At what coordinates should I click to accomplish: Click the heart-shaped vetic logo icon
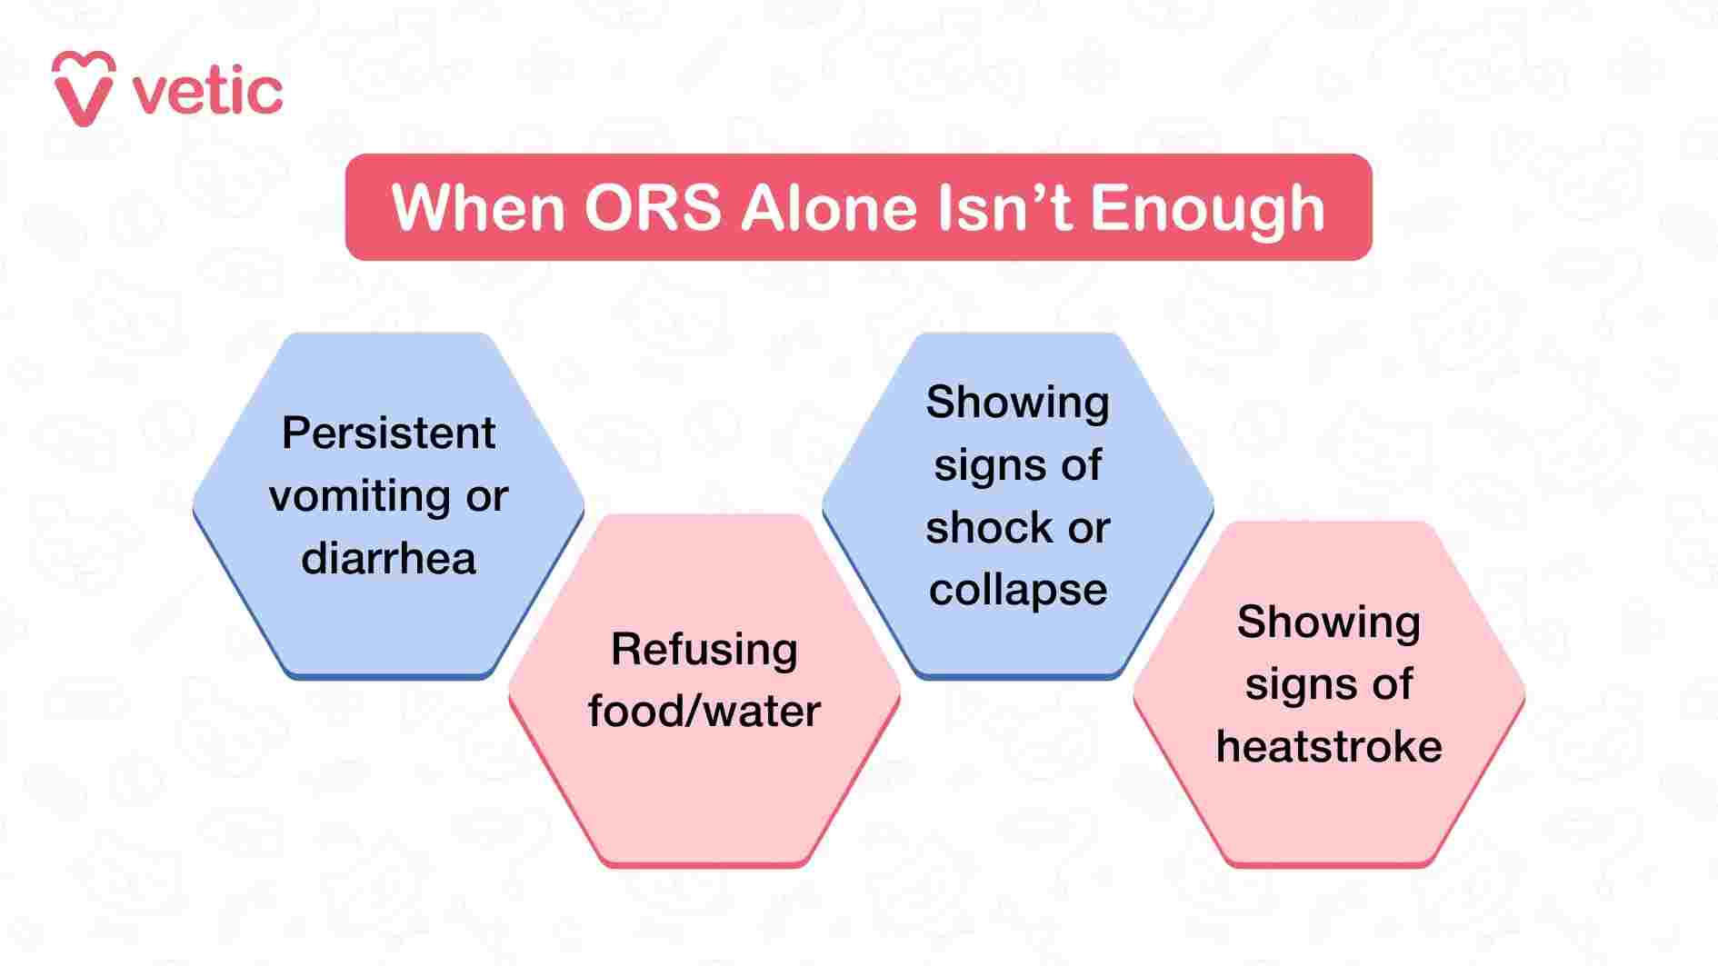click(83, 88)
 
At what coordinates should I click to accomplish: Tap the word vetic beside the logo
click(208, 92)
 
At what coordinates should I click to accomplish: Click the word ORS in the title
click(652, 208)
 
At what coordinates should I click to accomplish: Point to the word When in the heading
click(478, 208)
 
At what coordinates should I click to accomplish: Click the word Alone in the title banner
click(829, 208)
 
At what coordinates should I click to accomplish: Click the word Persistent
click(388, 433)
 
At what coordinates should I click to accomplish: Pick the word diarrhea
click(388, 558)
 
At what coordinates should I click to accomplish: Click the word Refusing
click(704, 650)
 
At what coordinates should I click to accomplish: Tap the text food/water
click(704, 711)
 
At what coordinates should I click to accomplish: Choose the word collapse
click(1017, 591)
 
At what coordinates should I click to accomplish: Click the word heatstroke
click(1328, 747)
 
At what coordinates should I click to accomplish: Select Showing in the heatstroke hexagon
click(1328, 622)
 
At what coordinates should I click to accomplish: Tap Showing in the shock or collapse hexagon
click(1017, 403)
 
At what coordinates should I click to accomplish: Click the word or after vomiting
click(486, 497)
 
